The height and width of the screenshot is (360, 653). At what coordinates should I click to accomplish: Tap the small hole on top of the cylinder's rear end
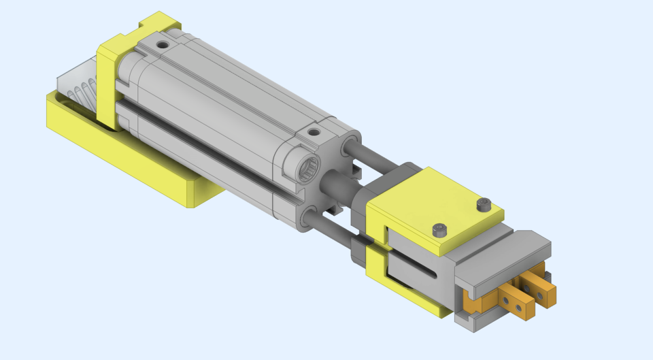[x=163, y=46]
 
